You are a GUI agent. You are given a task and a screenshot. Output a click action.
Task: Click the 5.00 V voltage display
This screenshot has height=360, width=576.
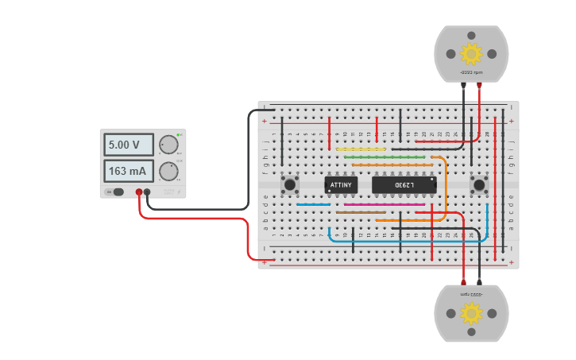129,145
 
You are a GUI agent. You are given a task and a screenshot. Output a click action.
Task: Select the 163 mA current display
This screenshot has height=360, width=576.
129,171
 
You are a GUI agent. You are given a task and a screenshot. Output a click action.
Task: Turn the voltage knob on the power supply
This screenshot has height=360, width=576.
168,145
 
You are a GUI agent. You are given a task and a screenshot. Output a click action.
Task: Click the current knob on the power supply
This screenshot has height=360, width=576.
168,172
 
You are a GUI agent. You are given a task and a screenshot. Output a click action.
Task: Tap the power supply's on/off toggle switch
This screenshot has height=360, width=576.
118,192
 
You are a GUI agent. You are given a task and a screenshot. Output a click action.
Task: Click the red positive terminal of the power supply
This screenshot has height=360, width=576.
139,192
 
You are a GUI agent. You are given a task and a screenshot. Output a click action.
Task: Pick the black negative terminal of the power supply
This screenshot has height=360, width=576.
147,192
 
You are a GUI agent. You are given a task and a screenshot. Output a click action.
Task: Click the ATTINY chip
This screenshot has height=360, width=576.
341,185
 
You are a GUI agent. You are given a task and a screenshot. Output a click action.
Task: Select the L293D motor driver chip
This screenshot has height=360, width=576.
404,185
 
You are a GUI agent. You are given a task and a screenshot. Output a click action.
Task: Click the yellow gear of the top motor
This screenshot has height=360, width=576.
471,53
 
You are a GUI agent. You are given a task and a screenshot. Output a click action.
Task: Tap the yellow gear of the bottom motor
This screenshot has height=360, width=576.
471,313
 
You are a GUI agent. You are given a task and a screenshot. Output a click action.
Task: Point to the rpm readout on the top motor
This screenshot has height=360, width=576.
471,72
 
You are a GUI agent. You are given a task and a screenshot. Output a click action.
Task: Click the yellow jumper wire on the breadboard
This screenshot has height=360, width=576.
361,149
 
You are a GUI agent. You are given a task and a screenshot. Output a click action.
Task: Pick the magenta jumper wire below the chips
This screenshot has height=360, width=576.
385,204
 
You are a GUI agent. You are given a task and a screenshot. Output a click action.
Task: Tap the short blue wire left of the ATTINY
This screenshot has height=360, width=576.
313,204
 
